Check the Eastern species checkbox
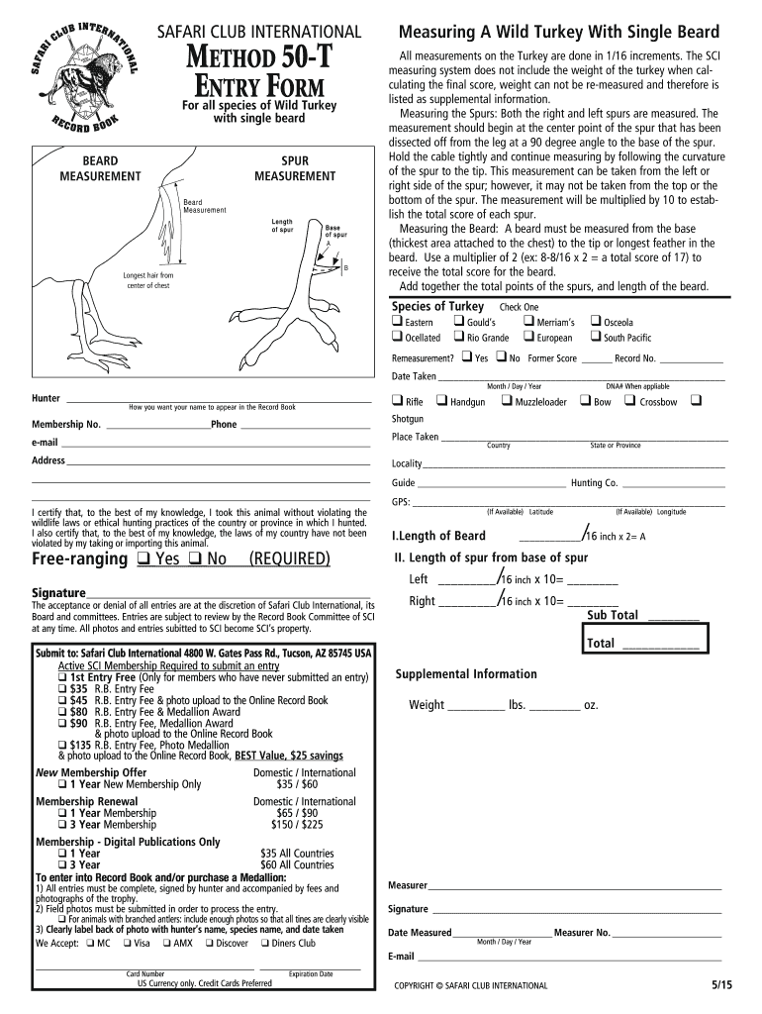pyautogui.click(x=397, y=321)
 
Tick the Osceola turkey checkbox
pyautogui.click(x=595, y=321)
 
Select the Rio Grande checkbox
pyautogui.click(x=458, y=337)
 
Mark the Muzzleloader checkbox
pyautogui.click(x=506, y=401)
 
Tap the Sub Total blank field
pyautogui.click(x=672, y=616)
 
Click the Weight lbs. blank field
pyautogui.click(x=475, y=706)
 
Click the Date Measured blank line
pyautogui.click(x=502, y=933)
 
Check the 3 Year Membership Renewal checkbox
pyautogui.click(x=62, y=824)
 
